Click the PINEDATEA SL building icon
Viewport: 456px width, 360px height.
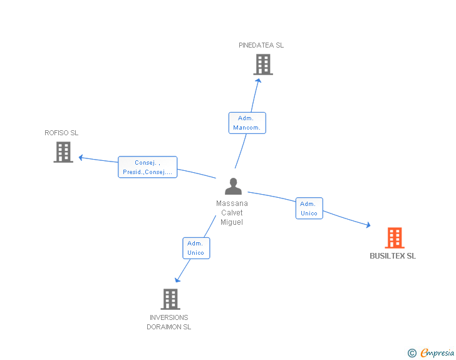coord(263,64)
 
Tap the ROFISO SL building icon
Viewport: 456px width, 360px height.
coord(63,152)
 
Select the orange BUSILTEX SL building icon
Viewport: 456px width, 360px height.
coord(395,238)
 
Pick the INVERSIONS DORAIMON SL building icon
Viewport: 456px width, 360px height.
coord(170,299)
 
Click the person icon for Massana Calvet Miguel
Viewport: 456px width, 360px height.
coord(233,186)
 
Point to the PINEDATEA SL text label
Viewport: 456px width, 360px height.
coord(261,45)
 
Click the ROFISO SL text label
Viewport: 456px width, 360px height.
coord(61,133)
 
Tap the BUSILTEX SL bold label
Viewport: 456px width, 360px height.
coord(393,256)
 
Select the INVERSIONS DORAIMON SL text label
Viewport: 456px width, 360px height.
coord(168,322)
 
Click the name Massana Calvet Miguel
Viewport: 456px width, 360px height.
coord(232,213)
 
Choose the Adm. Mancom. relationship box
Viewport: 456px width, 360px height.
coord(247,123)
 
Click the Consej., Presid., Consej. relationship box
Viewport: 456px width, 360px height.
coord(147,167)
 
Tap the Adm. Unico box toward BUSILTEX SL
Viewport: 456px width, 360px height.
coord(309,208)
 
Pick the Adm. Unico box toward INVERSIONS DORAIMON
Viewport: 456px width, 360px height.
coord(196,249)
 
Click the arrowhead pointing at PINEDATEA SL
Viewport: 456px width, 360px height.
coord(258,81)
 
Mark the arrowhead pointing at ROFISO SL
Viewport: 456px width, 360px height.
coord(81,158)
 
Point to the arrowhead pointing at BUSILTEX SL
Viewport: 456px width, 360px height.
coord(368,225)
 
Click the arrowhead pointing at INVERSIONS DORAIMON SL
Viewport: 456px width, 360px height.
coord(177,280)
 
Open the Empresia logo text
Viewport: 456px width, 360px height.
coord(437,353)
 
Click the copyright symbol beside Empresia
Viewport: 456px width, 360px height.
coord(412,353)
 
